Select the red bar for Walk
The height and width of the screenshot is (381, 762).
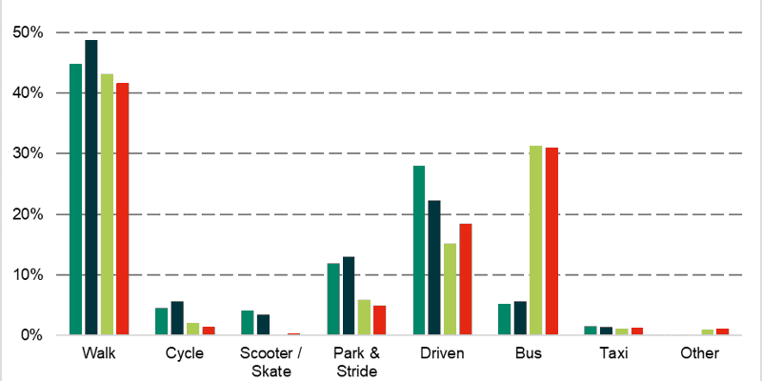click(122, 209)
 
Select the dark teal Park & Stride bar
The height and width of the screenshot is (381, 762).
click(349, 296)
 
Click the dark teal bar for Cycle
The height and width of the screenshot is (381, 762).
click(177, 318)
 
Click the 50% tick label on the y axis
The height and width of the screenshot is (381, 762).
click(29, 32)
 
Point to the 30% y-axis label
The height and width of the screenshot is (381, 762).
click(29, 153)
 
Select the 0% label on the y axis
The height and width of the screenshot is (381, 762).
click(32, 335)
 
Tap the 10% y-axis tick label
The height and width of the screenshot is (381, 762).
click(29, 275)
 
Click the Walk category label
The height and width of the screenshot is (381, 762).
click(99, 354)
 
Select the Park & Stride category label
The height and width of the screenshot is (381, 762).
click(356, 362)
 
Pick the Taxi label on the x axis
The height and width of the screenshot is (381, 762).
click(613, 354)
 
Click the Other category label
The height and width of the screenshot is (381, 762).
click(699, 354)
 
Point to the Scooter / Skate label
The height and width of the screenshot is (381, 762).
click(271, 362)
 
